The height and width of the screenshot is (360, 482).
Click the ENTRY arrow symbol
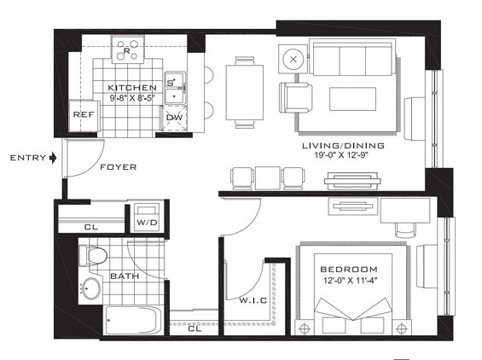click(53, 158)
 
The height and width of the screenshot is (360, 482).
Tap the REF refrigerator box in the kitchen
click(84, 116)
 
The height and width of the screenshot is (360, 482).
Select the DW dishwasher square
click(174, 118)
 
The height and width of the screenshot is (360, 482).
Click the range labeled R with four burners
click(128, 49)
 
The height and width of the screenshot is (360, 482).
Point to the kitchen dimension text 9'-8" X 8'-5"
click(132, 98)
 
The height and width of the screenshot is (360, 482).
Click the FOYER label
click(119, 167)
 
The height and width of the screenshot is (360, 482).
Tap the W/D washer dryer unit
click(148, 218)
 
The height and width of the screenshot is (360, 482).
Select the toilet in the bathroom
click(93, 255)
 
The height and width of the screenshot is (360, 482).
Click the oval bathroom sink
click(91, 288)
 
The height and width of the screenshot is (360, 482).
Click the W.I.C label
click(253, 300)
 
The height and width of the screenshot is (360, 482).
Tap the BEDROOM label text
click(349, 270)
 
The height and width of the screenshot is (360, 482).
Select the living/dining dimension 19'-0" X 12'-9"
click(341, 155)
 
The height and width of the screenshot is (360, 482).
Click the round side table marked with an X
click(293, 60)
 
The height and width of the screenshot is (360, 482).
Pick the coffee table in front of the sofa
click(353, 99)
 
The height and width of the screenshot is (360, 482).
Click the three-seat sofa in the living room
click(352, 57)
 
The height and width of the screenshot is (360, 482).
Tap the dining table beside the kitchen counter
click(245, 92)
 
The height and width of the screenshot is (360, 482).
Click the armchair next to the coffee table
click(296, 98)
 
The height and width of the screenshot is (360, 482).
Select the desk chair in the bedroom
click(405, 229)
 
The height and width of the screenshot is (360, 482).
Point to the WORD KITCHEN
click(132, 88)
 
